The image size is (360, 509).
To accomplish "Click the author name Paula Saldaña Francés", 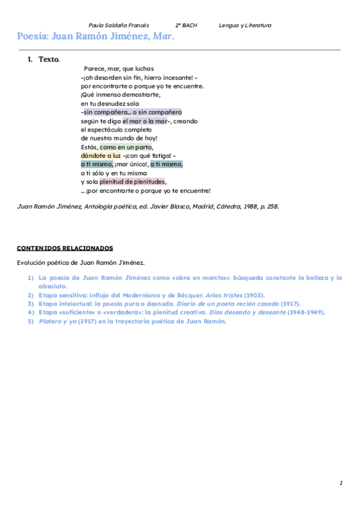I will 119,25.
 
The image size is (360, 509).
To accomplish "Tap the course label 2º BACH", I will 186,25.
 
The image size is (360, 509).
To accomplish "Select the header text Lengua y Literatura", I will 245,25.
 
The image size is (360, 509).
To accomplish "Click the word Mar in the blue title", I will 163,36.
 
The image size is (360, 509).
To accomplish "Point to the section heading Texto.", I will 49,59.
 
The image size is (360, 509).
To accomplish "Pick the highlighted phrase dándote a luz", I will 101,155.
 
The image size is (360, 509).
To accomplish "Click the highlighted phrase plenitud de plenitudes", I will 133,182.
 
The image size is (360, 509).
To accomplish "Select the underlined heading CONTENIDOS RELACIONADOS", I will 65,248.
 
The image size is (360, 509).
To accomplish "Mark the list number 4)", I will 31,313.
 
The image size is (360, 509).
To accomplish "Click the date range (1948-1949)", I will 306,313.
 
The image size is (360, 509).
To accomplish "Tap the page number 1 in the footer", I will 341,483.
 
